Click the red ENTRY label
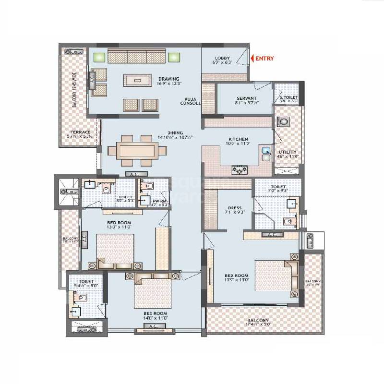coord(264,59)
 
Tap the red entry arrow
coord(252,59)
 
